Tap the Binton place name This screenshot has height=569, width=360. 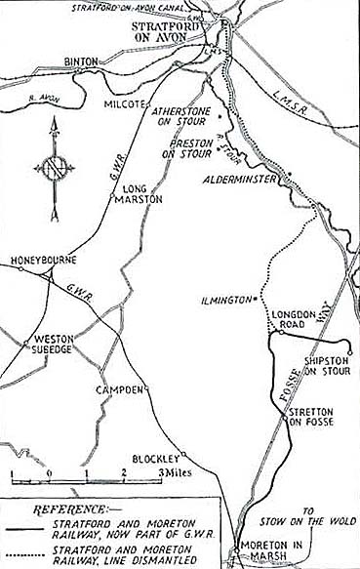tap(81, 61)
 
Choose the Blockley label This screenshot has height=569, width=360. tap(155, 458)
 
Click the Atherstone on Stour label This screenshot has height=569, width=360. tap(178, 118)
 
